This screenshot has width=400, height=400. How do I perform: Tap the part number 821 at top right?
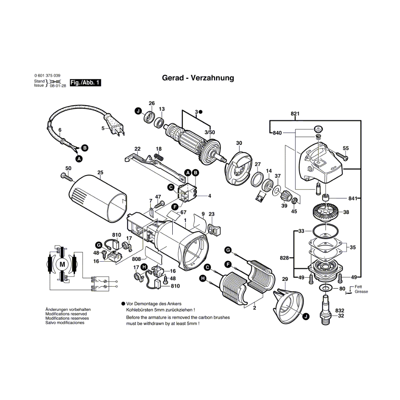point(295,114)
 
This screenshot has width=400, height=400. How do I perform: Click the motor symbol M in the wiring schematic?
point(62,264)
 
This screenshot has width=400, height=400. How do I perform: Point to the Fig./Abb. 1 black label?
point(86,83)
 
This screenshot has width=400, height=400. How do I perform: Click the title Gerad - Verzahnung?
point(198,78)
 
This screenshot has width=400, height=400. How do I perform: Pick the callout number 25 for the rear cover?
point(100,173)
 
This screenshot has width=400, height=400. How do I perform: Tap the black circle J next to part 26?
point(138,111)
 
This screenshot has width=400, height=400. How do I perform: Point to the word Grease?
point(361,291)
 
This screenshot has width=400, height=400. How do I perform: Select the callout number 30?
point(239,143)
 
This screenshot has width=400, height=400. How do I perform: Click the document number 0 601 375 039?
point(47,75)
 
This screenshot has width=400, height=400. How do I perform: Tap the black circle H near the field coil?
point(203,278)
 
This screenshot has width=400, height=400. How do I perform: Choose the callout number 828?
point(284,258)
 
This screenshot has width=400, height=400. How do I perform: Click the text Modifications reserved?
point(66,314)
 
